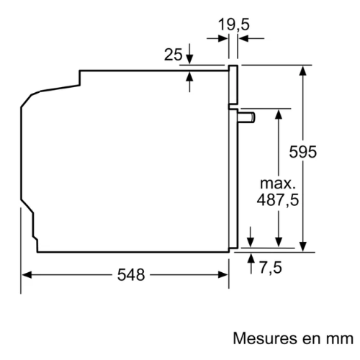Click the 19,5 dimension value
pyautogui.click(x=233, y=24)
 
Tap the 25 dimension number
pyautogui.click(x=174, y=55)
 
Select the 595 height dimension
pyautogui.click(x=303, y=152)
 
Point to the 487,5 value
pyautogui.click(x=278, y=199)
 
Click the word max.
pyautogui.click(x=278, y=184)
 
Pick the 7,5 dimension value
pyautogui.click(x=271, y=267)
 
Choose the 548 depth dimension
pyautogui.click(x=131, y=275)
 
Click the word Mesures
pyautogui.click(x=264, y=338)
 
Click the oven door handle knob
pyautogui.click(x=246, y=117)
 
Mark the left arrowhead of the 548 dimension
pyautogui.click(x=27, y=275)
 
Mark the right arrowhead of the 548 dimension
pyautogui.click(x=223, y=275)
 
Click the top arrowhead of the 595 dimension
pyautogui.click(x=303, y=71)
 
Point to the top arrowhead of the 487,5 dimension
pyautogui.click(x=279, y=114)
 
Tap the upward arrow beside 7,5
pyautogui.click(x=251, y=264)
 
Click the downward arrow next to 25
pyautogui.click(x=189, y=54)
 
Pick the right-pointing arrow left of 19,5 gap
pyautogui.click(x=217, y=38)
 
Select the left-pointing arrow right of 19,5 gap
pyautogui.click(x=251, y=38)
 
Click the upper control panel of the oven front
pyautogui.click(x=233, y=85)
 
